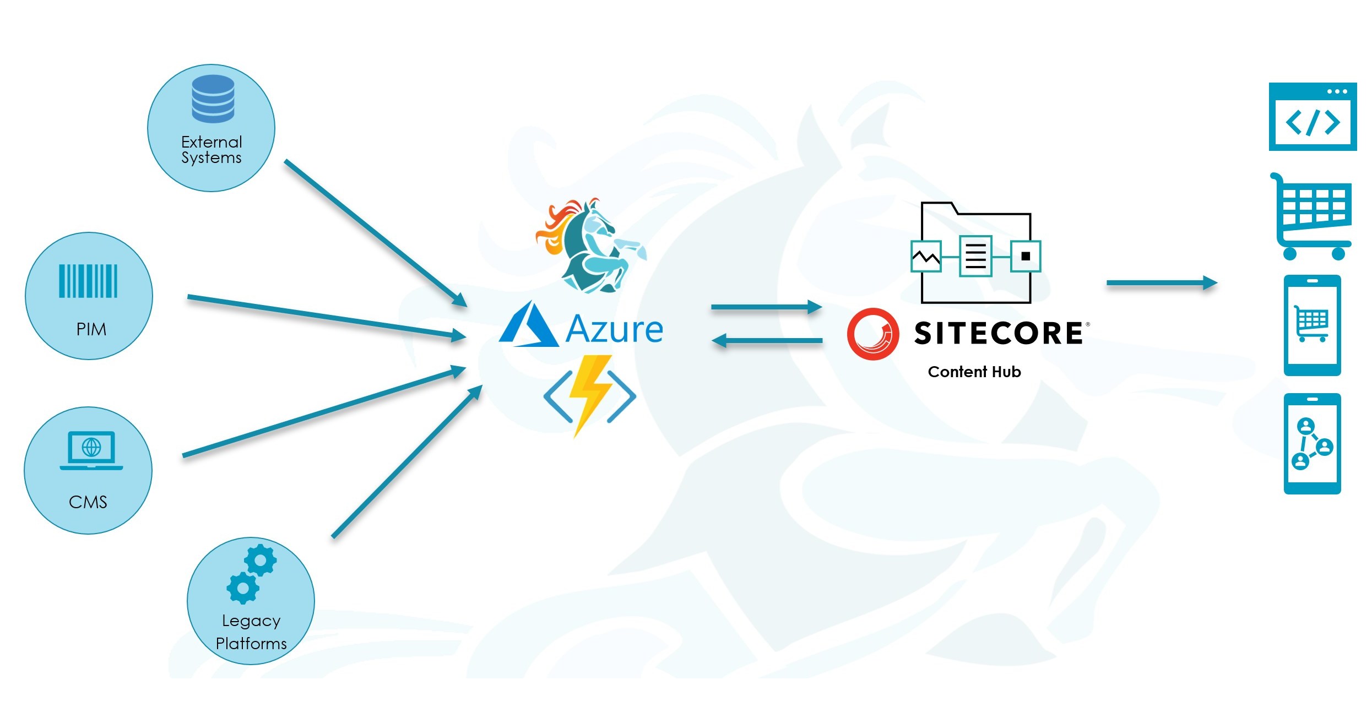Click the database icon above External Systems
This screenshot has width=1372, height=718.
[213, 99]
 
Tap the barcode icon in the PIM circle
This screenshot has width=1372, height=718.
[88, 281]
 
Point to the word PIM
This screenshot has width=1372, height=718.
[91, 329]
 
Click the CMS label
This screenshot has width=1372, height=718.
[88, 502]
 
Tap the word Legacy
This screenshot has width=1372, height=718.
[251, 621]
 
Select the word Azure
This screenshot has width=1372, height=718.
[614, 329]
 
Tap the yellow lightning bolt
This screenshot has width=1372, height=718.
[590, 394]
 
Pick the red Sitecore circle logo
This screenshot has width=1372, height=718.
[873, 334]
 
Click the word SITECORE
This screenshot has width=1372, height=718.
[999, 334]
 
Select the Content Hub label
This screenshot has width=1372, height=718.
[974, 372]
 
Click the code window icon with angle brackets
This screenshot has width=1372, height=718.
[1312, 117]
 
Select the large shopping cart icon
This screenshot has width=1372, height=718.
[1314, 217]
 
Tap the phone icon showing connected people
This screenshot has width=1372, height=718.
[1312, 444]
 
